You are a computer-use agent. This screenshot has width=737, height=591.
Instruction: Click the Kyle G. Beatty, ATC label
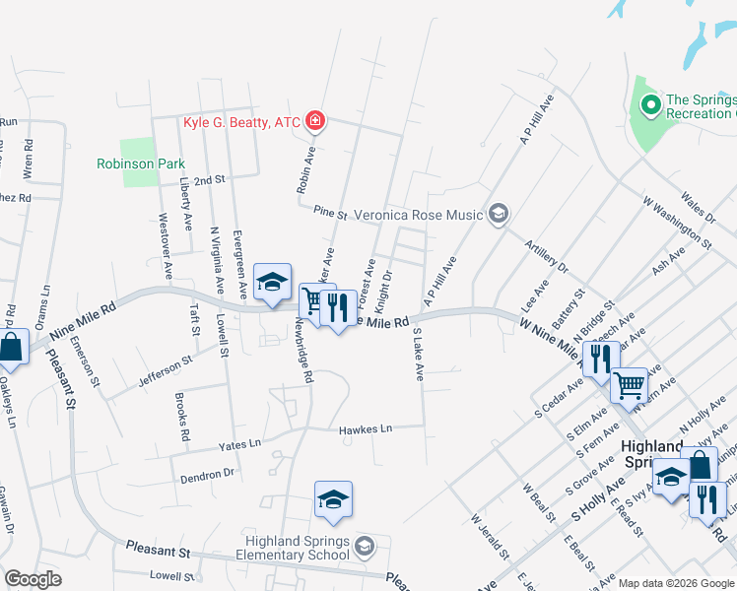pyautogui.click(x=241, y=122)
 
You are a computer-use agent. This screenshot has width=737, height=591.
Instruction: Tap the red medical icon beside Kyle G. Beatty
pyautogui.click(x=315, y=122)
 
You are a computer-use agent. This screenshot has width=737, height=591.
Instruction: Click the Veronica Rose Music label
pyautogui.click(x=420, y=215)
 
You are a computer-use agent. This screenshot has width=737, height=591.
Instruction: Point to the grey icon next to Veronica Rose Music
pyautogui.click(x=499, y=214)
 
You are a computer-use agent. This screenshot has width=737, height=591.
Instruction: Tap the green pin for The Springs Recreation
pyautogui.click(x=649, y=103)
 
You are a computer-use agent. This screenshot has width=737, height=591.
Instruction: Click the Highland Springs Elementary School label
pyautogui.click(x=298, y=550)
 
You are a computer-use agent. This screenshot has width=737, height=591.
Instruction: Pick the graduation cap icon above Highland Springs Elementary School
pyautogui.click(x=333, y=499)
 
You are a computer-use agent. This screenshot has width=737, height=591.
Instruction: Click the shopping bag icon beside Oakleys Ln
pyautogui.click(x=11, y=347)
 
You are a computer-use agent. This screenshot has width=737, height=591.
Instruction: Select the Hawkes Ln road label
pyautogui.click(x=366, y=429)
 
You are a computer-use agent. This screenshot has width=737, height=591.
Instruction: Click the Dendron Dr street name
pyautogui.click(x=207, y=475)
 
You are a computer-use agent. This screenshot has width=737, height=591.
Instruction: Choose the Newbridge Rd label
pyautogui.click(x=306, y=355)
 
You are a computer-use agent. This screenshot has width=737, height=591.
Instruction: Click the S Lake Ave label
pyautogui.click(x=418, y=355)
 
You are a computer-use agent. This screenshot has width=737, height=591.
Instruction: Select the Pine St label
pyautogui.click(x=331, y=213)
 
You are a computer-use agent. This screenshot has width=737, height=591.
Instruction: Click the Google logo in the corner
pyautogui.click(x=33, y=580)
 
